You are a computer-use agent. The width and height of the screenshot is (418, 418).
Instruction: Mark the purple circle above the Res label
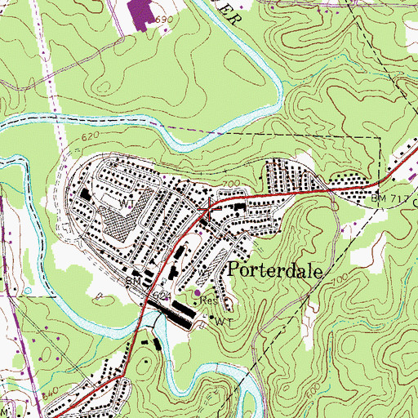click(197, 289)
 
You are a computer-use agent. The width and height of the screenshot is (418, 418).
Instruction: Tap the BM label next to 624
click(131, 281)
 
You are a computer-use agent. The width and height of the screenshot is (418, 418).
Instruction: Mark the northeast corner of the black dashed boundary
click(380, 140)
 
